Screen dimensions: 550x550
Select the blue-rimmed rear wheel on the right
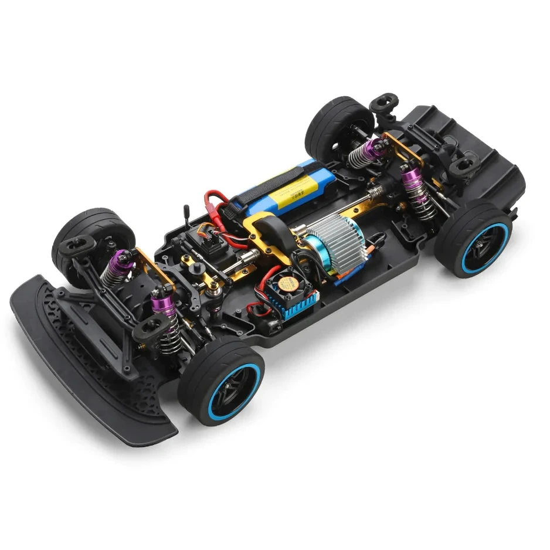click(473, 239)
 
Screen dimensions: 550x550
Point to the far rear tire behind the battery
click(339, 126)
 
